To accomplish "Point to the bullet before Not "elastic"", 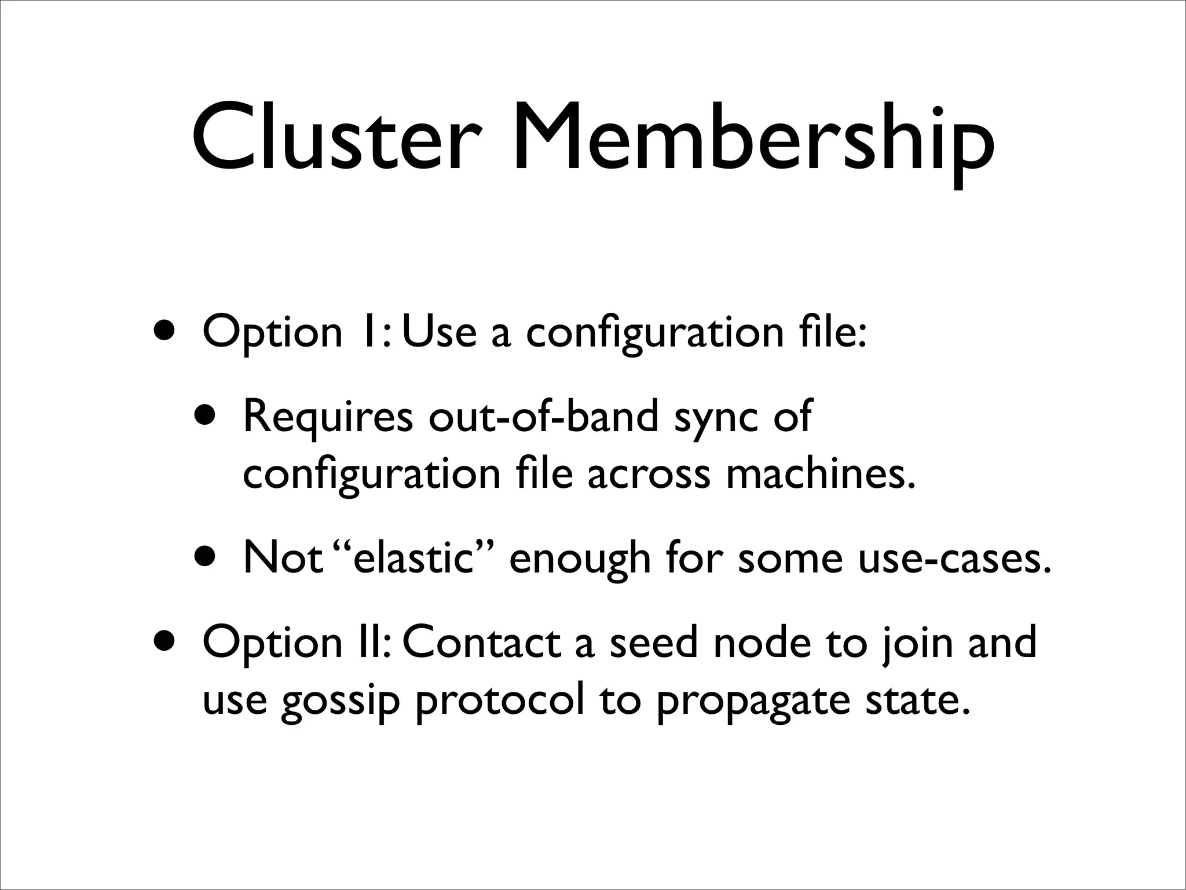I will (207, 557).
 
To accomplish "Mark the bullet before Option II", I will (167, 642).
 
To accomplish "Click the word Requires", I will (328, 416).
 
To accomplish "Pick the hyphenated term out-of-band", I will (543, 416).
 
